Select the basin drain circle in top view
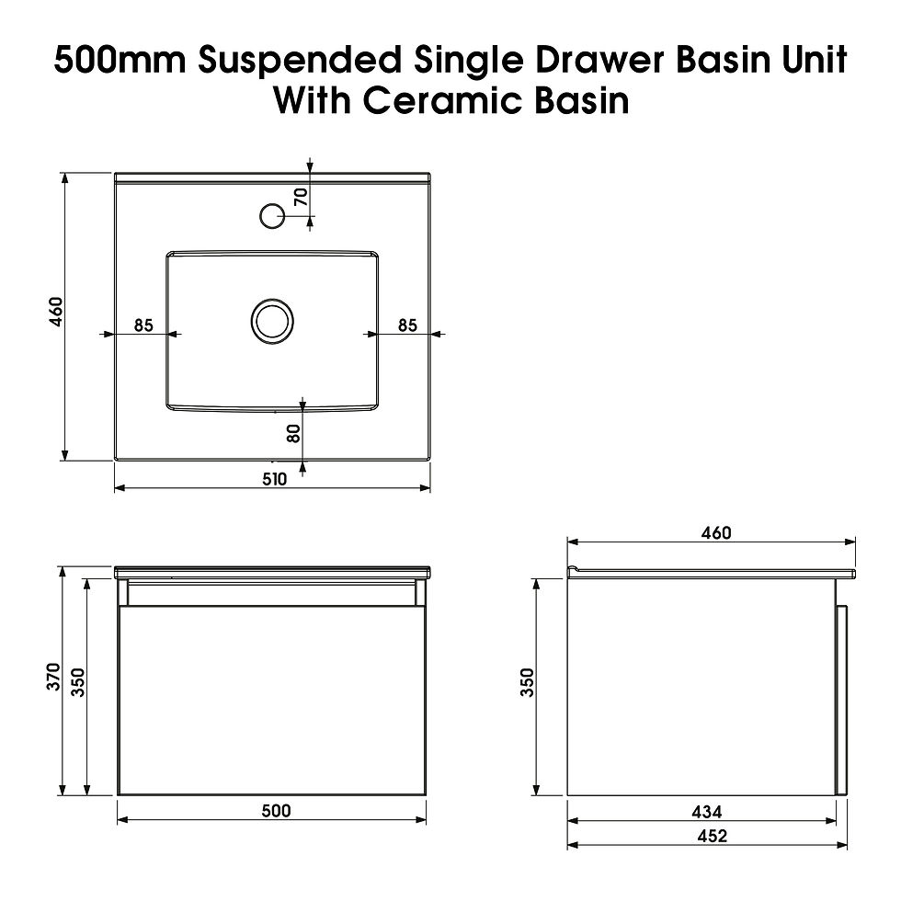pyautogui.click(x=272, y=321)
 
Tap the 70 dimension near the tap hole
pyautogui.click(x=301, y=195)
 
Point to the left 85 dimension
pyautogui.click(x=143, y=325)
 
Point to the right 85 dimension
pyautogui.click(x=407, y=325)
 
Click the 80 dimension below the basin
pyautogui.click(x=293, y=432)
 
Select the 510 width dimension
pyautogui.click(x=274, y=478)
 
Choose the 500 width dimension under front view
pyautogui.click(x=275, y=810)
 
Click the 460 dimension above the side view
pyautogui.click(x=715, y=533)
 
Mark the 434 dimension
pyautogui.click(x=706, y=812)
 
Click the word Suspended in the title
pyautogui.click(x=298, y=62)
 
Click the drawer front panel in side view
pyautogui.click(x=840, y=701)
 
